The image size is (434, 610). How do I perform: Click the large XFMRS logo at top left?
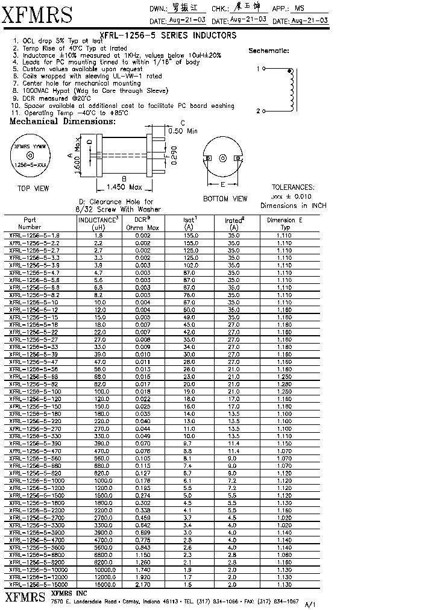(37, 15)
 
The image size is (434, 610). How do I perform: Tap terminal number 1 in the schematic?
(258, 69)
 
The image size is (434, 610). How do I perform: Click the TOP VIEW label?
(33, 188)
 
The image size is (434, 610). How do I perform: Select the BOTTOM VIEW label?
(225, 198)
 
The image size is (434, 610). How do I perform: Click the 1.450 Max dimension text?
(124, 186)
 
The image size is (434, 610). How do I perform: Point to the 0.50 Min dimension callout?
(183, 131)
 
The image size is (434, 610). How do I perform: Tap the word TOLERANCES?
(293, 187)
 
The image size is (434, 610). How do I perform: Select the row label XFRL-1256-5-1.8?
(34, 235)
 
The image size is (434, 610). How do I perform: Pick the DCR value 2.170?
(143, 585)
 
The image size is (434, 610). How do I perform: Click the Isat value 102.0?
(190, 265)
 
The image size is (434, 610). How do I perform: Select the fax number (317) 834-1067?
(278, 601)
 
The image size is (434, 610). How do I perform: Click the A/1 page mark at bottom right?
(310, 604)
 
